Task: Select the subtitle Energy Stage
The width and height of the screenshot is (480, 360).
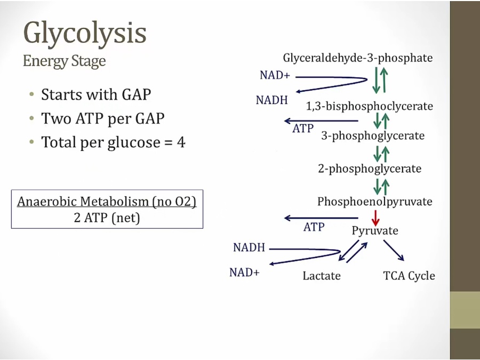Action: (x=64, y=61)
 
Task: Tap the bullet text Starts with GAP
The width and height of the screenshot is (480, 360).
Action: (x=96, y=95)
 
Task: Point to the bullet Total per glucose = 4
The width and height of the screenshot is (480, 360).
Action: (x=113, y=142)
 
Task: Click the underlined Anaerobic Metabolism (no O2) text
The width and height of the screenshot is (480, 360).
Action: (x=107, y=202)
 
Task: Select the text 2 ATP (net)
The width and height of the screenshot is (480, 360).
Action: (x=107, y=218)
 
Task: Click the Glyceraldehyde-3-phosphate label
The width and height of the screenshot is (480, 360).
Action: (x=357, y=58)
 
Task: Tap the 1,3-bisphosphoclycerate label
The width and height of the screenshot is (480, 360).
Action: (x=369, y=106)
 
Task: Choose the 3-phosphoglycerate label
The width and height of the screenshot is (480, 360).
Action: (x=373, y=135)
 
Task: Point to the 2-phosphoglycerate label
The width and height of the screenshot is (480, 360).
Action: (x=370, y=169)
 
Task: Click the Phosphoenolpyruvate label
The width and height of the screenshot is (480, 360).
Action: (x=374, y=202)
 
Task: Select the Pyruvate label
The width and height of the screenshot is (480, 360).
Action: (x=374, y=230)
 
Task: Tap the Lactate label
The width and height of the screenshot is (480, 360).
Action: (x=321, y=275)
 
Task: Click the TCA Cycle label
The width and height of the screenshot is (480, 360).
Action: (x=409, y=275)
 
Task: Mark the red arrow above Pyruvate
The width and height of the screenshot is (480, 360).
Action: (x=375, y=217)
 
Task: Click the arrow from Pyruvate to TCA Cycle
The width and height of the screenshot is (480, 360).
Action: (x=394, y=251)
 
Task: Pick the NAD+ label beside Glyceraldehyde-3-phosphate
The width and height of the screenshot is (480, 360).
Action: (x=275, y=75)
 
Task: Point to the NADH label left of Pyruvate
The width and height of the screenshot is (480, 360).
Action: (x=249, y=247)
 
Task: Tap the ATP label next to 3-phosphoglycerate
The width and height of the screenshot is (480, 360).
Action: (x=303, y=128)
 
